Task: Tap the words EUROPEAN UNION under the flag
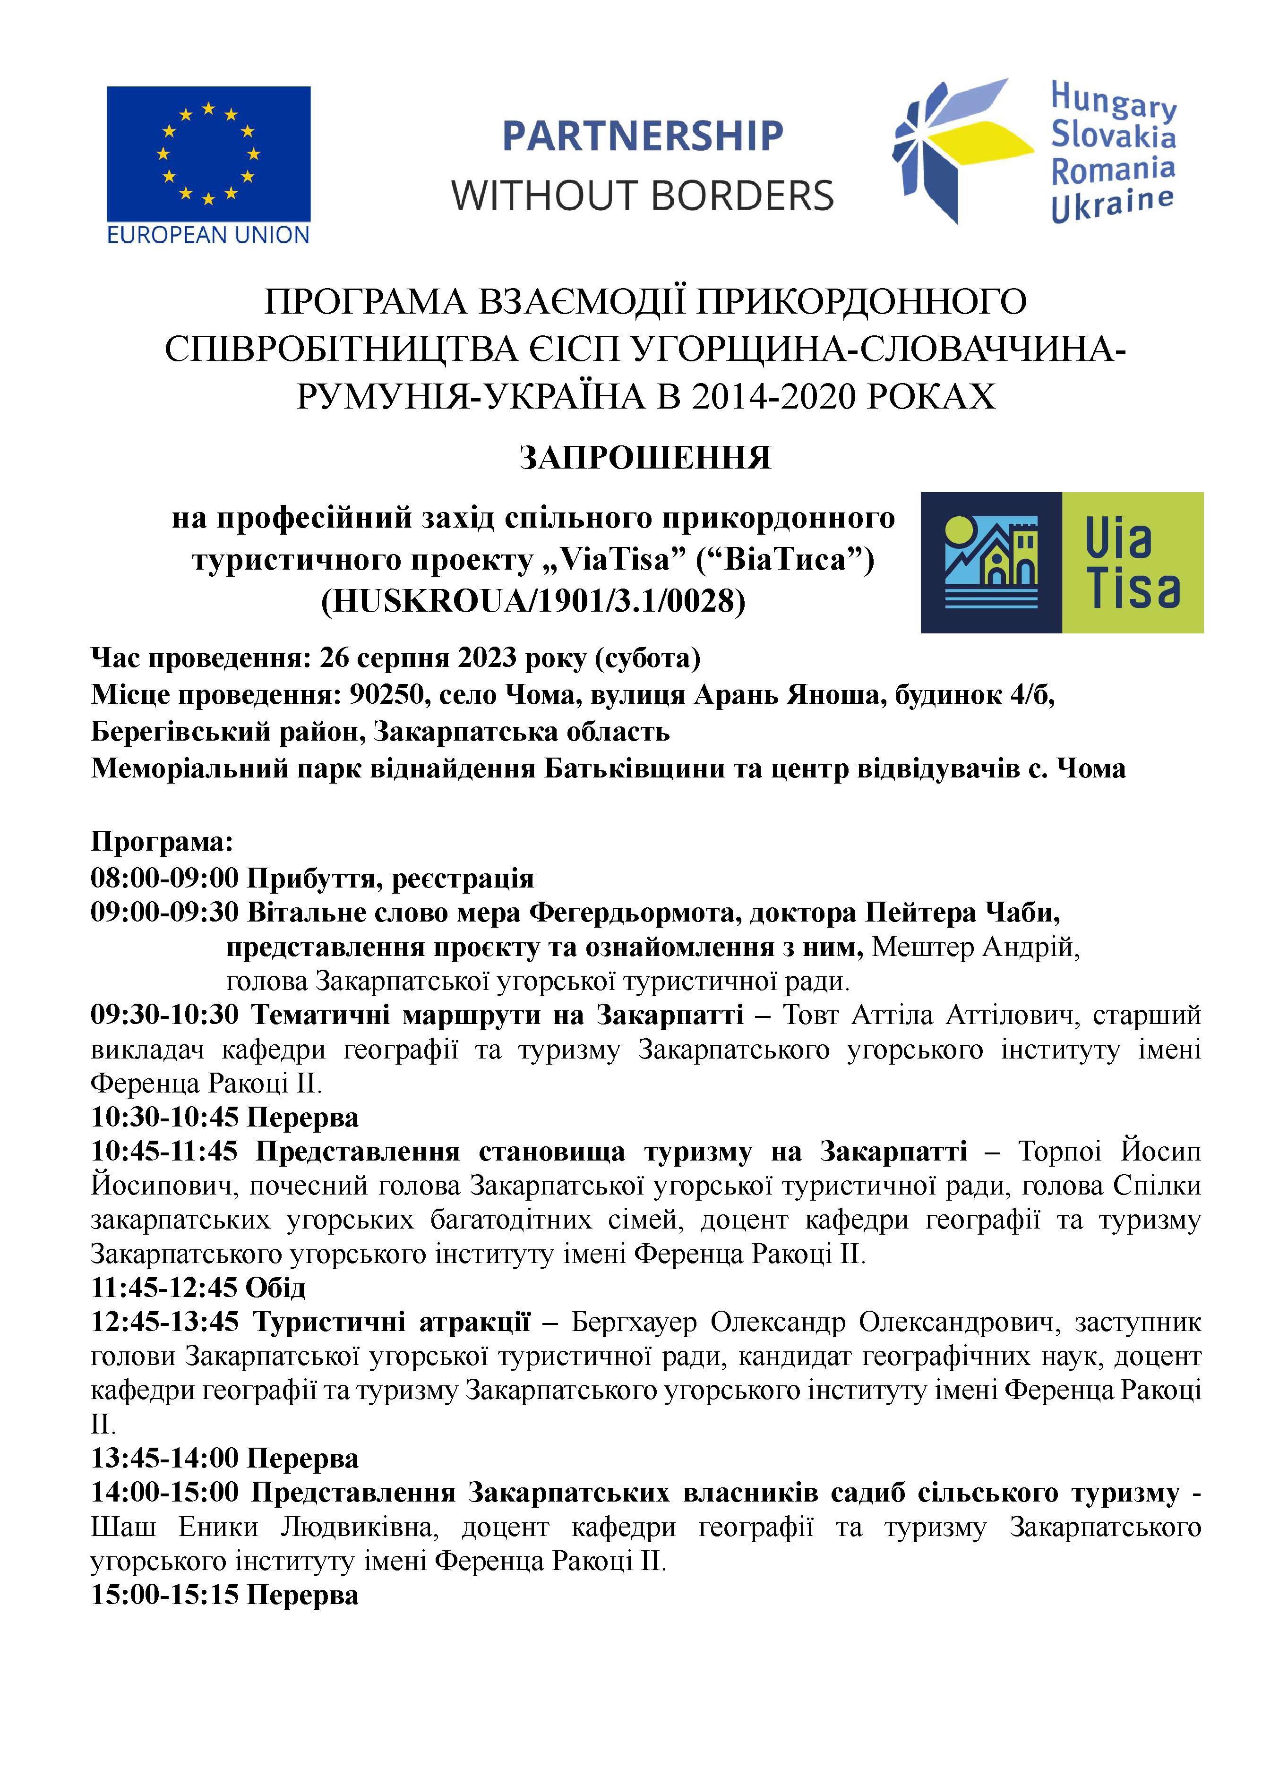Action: pos(208,235)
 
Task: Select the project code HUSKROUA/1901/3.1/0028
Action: pos(533,601)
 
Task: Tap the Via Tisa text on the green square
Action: pos(1132,563)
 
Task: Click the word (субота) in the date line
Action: pos(648,658)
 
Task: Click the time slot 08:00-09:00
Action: pos(165,878)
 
